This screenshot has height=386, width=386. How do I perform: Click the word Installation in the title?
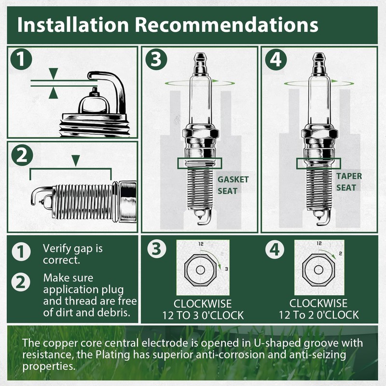73,25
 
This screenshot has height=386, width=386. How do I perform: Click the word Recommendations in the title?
227,25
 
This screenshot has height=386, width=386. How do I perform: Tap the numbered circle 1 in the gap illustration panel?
21,59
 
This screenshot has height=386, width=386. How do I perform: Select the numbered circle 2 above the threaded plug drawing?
22,155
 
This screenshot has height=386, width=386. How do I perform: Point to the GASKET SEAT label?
233,185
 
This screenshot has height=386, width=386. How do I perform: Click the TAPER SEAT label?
349,182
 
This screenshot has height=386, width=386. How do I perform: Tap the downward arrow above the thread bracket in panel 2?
76,161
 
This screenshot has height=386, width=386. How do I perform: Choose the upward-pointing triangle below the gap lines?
54,94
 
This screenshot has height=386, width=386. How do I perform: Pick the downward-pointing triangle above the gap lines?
54,74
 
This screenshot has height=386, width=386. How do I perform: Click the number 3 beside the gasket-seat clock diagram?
226,269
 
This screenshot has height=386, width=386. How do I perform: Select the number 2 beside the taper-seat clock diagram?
341,254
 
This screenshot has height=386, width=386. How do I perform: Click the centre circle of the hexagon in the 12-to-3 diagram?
200,270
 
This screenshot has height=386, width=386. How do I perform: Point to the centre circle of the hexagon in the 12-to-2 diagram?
319,270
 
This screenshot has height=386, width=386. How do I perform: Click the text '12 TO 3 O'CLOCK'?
203,316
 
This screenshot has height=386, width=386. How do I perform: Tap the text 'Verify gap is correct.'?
73,254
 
